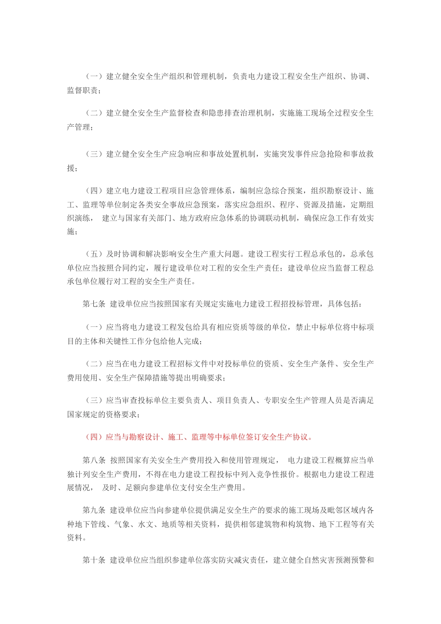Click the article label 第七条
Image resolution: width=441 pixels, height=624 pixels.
point(94,304)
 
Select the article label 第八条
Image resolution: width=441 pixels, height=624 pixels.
point(94,460)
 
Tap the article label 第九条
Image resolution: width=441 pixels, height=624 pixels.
point(94,510)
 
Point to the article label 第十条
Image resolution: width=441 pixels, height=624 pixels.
point(94,560)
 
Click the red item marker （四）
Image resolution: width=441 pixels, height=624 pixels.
point(95,437)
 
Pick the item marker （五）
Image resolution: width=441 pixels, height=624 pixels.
point(95,254)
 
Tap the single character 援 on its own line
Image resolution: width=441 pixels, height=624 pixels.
point(71,168)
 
